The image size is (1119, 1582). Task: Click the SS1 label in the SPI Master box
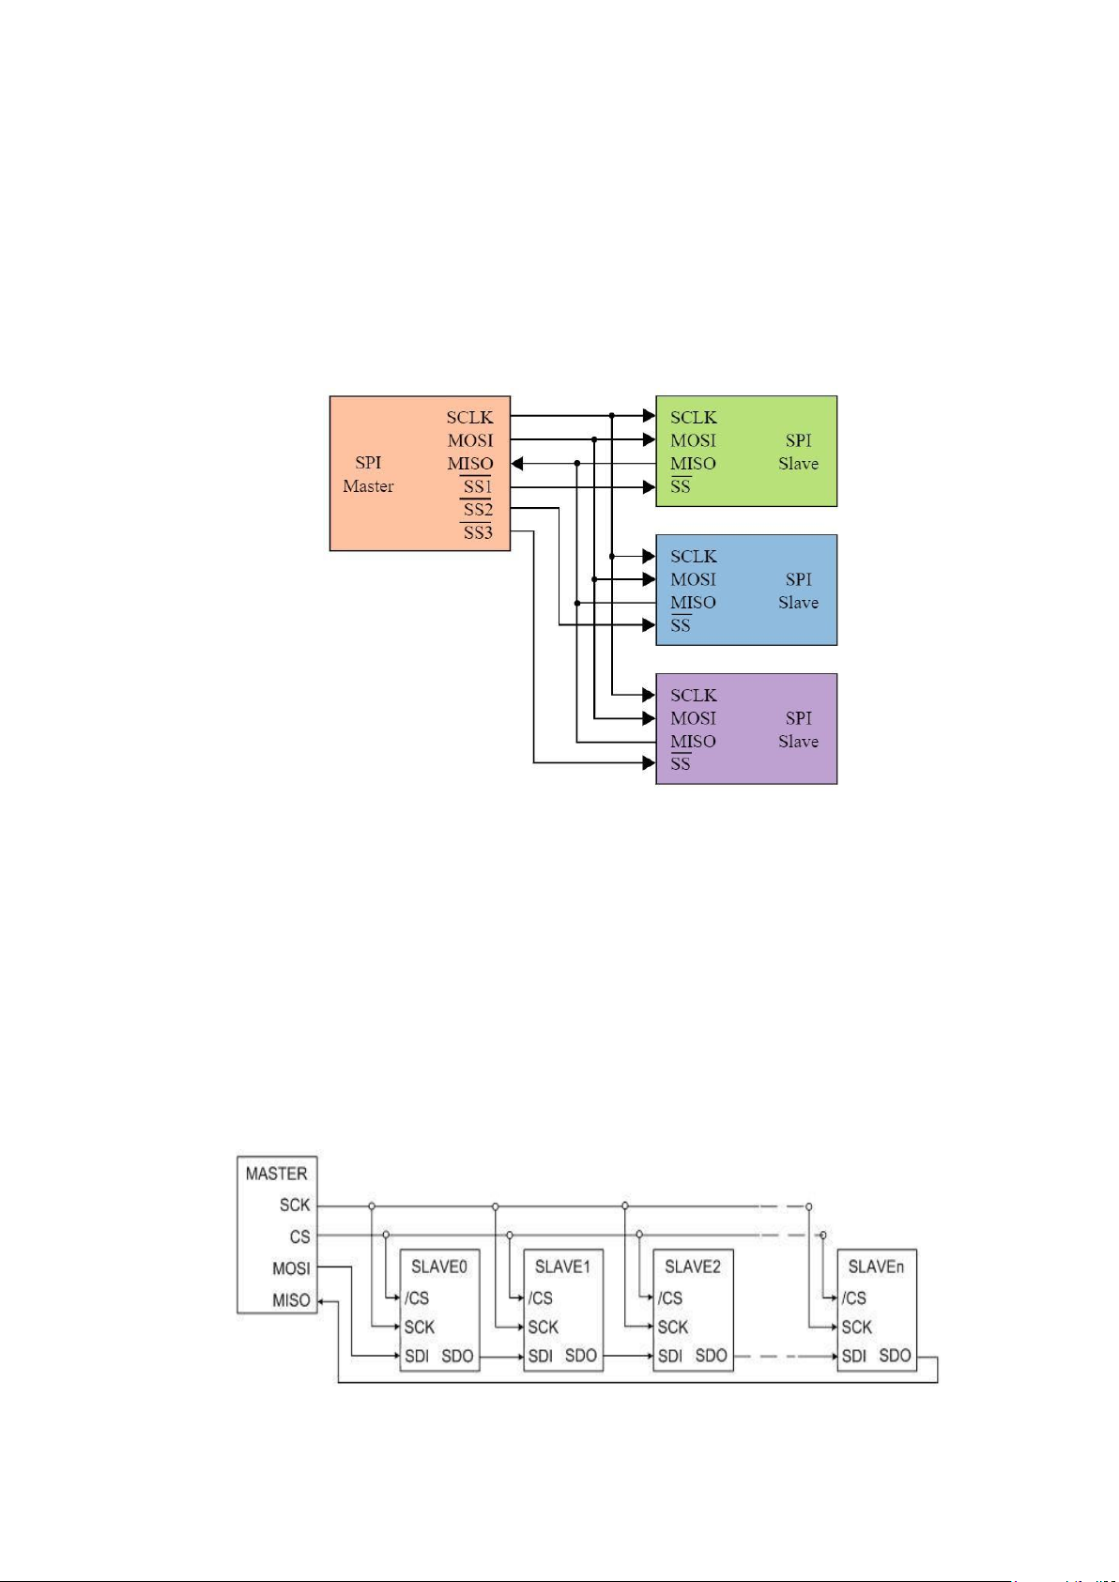tap(477, 486)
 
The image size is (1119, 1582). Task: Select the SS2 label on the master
tap(477, 509)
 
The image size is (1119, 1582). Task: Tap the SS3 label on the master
tap(477, 532)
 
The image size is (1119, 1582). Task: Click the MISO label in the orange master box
tap(470, 463)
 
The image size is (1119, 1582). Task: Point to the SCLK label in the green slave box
tap(694, 418)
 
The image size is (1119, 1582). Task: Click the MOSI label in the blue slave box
tap(694, 579)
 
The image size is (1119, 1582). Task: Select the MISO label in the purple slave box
tap(694, 741)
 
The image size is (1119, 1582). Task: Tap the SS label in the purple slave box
tap(681, 763)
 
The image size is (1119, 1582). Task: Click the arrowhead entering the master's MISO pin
tap(517, 463)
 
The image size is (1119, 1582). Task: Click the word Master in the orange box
tap(368, 486)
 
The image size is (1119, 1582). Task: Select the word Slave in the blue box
tap(799, 603)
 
